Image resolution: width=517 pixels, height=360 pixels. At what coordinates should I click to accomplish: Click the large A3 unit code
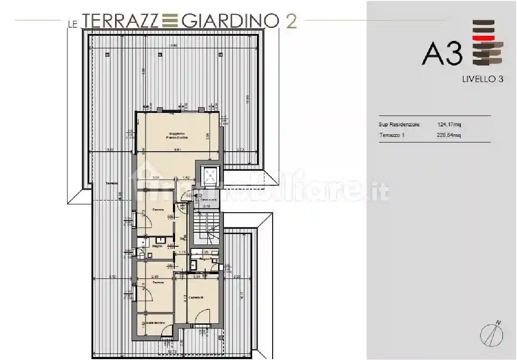click(x=442, y=54)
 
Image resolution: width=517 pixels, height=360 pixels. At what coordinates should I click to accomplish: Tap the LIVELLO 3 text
click(x=482, y=79)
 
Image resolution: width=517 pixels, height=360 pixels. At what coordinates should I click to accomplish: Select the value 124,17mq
click(x=449, y=125)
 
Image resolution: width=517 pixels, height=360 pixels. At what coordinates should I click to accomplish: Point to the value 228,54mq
click(x=449, y=135)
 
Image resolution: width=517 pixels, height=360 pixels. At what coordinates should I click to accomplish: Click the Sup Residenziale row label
click(x=399, y=125)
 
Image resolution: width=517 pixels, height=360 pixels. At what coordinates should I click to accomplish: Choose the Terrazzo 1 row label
click(x=392, y=135)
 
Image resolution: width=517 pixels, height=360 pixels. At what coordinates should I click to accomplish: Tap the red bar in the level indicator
click(x=483, y=38)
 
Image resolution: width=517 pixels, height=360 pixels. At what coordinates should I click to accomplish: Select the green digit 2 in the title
click(x=291, y=20)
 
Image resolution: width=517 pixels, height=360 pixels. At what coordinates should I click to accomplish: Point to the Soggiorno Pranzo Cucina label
click(x=176, y=136)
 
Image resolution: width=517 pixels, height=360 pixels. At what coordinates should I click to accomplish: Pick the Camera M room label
click(x=197, y=298)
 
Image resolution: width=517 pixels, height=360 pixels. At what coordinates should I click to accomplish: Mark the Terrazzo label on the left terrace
click(x=112, y=183)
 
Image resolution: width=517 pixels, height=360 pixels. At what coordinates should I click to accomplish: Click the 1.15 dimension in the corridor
click(x=182, y=252)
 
